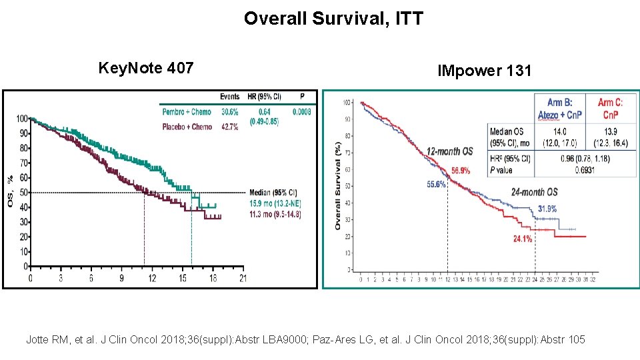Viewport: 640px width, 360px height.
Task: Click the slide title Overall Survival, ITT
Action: pos(333,18)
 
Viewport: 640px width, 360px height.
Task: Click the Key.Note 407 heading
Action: pos(146,67)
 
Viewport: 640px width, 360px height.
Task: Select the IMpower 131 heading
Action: pos(484,70)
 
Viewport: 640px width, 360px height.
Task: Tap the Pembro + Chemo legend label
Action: pos(187,112)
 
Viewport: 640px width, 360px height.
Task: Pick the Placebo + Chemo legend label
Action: pos(187,127)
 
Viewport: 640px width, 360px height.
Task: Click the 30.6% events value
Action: pos(230,112)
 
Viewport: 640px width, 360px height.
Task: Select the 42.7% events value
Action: pos(230,127)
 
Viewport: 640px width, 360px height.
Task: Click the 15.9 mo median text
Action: pos(275,203)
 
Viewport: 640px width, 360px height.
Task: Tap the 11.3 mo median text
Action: pos(275,215)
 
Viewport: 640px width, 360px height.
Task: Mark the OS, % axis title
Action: pos(9,191)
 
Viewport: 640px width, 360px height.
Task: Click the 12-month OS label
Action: pos(450,151)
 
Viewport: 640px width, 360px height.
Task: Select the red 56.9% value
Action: pos(460,171)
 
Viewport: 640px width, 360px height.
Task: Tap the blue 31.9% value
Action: pos(547,209)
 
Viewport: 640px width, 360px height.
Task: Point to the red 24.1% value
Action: pos(522,239)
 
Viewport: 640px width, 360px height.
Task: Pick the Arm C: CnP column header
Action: pos(610,108)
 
